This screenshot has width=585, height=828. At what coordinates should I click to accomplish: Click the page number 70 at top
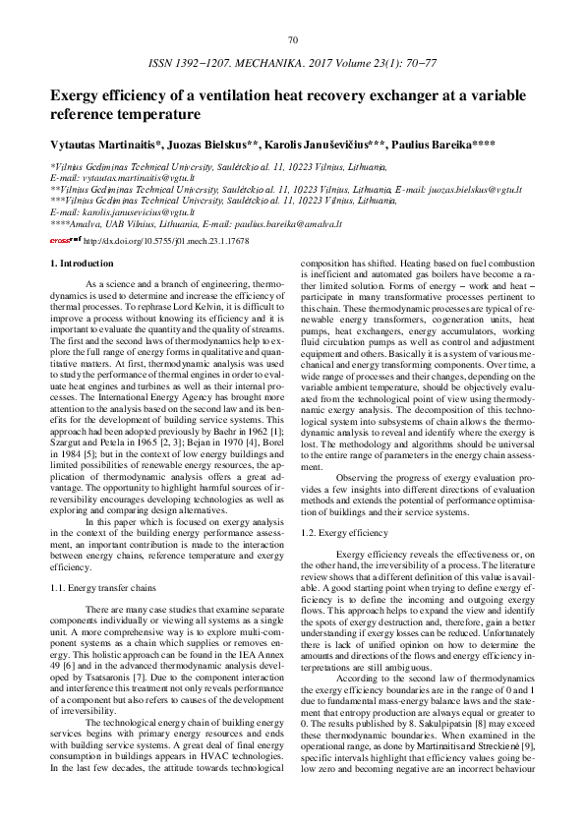(x=292, y=39)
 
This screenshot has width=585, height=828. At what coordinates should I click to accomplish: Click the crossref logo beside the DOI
(x=65, y=240)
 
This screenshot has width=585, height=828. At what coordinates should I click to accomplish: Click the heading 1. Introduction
(x=82, y=264)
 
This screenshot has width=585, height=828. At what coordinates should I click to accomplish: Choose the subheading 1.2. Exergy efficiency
(x=331, y=532)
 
